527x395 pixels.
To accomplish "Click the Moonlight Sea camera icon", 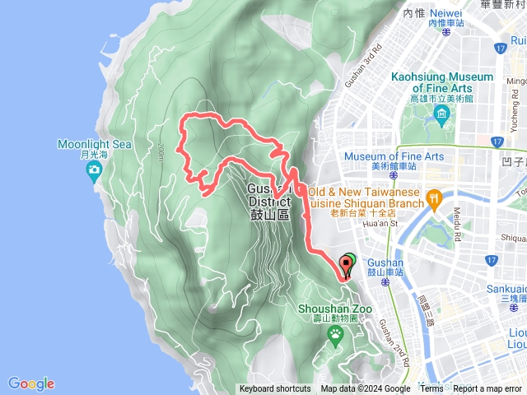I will [94, 171].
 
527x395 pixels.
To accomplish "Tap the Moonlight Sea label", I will [94, 145].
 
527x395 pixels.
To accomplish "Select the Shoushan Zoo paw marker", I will [336, 333].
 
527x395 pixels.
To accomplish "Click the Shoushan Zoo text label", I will [335, 309].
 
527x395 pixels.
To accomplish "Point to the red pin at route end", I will [345, 265].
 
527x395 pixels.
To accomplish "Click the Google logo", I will [31, 383].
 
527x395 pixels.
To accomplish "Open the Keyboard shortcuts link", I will [275, 389].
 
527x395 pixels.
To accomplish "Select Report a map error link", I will [487, 389].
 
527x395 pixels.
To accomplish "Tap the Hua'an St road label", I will [380, 222].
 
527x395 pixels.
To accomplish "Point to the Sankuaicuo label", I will [504, 290].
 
